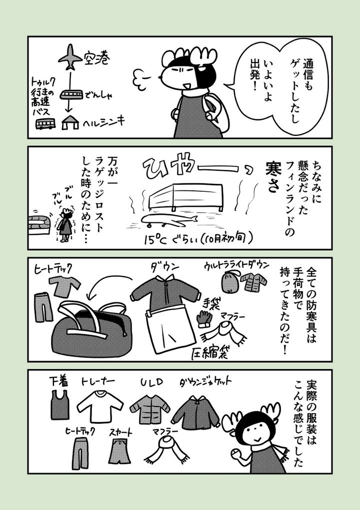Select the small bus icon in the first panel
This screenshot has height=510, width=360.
coord(45,123)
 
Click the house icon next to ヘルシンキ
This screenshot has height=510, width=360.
coord(70,123)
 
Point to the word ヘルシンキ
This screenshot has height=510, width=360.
coord(103,122)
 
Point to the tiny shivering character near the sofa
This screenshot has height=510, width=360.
coord(65,224)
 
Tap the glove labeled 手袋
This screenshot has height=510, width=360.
coord(204,318)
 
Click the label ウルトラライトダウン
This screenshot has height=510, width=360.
coord(236,265)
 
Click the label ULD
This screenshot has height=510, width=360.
coord(151,383)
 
